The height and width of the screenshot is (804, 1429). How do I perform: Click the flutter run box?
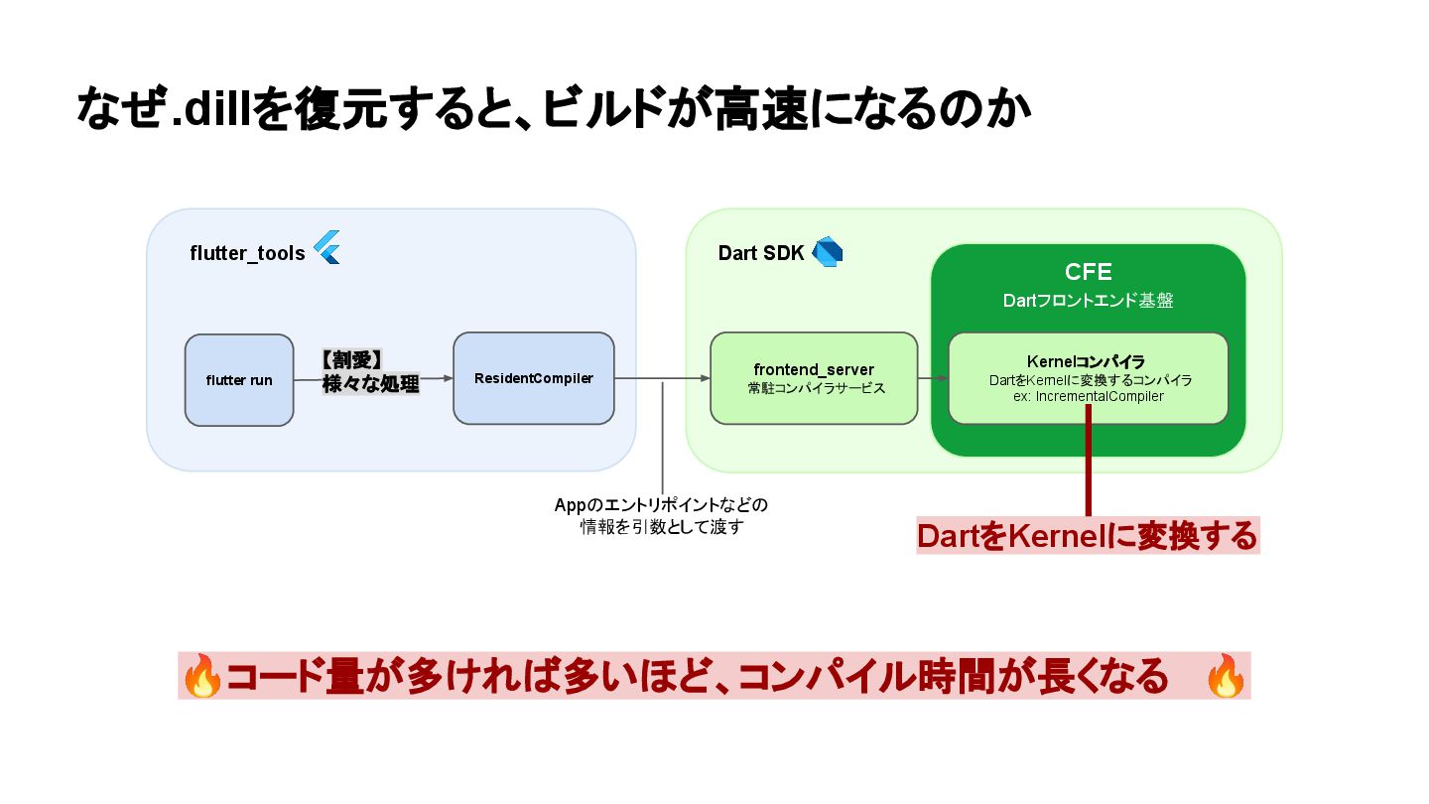click(x=239, y=380)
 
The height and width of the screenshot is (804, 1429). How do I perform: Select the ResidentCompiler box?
click(x=534, y=378)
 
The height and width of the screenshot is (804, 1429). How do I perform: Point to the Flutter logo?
click(x=327, y=247)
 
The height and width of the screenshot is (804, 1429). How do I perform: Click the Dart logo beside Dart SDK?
click(x=828, y=252)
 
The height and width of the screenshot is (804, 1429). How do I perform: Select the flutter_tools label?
click(x=247, y=253)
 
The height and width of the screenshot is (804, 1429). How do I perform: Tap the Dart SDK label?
click(x=760, y=253)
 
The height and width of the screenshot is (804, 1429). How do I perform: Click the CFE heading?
click(x=1088, y=272)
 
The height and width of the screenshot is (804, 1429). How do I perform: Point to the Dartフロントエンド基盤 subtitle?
click(x=1088, y=300)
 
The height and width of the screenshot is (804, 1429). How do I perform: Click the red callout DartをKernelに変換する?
click(x=1088, y=536)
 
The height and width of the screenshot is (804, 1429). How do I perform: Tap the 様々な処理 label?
click(x=370, y=384)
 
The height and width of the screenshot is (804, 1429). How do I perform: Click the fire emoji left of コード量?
click(x=203, y=677)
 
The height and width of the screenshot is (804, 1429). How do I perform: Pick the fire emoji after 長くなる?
click(x=1226, y=677)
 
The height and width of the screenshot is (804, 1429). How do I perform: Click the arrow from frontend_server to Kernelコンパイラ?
click(x=933, y=378)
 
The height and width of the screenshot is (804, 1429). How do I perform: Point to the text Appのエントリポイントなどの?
click(x=661, y=504)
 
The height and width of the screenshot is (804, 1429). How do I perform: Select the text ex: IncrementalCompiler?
click(x=1088, y=395)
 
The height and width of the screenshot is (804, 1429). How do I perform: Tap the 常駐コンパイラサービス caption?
click(x=814, y=388)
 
